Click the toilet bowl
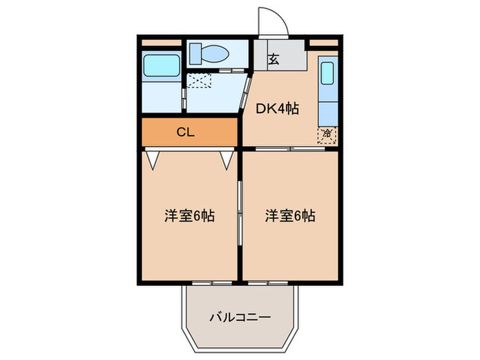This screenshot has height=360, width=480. [213, 53]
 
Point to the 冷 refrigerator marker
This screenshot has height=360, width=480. [327, 132]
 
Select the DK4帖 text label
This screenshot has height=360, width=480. [277, 108]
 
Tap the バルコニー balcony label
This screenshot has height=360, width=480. [239, 317]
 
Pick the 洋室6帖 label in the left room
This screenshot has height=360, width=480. [189, 215]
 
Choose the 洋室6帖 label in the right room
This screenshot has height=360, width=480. [290, 215]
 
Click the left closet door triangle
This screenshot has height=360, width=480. [154, 160]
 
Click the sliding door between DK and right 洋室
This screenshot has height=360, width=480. [291, 148]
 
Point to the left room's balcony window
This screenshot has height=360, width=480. [211, 282]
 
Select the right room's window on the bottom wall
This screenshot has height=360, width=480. [268, 282]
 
